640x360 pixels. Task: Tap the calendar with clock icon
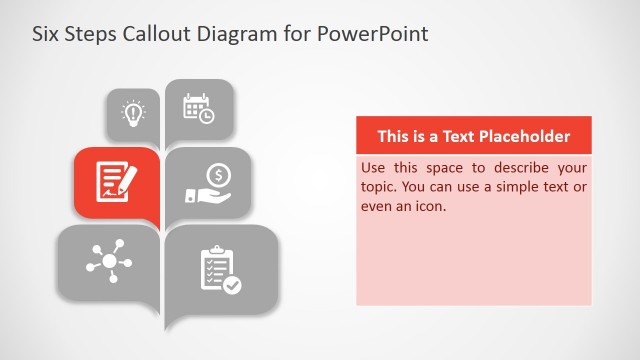point(198,108)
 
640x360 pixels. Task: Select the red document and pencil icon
point(116,180)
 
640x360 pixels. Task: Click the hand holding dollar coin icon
point(210,181)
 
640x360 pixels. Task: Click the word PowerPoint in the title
point(373,33)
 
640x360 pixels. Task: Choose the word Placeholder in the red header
point(525,136)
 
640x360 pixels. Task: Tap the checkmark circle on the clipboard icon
point(232,284)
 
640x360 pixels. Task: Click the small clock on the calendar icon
point(206,116)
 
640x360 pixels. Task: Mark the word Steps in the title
point(95,33)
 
